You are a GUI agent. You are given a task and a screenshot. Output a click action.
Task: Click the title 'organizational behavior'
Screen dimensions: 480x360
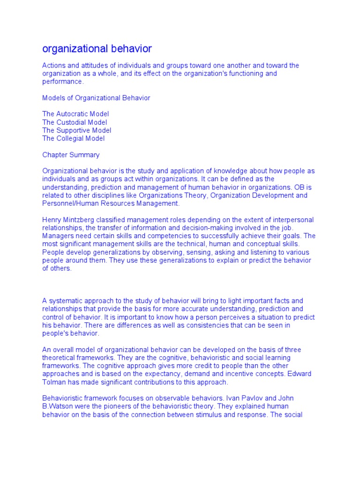click(97, 49)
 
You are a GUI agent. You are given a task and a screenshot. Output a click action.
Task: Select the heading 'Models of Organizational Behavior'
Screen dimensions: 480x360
click(96, 98)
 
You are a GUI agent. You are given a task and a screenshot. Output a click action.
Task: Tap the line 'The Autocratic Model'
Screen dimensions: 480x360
click(75, 114)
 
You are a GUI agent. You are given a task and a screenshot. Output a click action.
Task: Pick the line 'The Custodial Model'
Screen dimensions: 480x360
click(75, 122)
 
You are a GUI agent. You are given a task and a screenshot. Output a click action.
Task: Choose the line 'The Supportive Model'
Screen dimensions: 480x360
click(77, 130)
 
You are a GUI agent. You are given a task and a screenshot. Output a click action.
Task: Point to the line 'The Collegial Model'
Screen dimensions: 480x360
click(74, 138)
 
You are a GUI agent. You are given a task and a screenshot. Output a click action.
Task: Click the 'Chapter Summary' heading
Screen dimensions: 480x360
click(71, 155)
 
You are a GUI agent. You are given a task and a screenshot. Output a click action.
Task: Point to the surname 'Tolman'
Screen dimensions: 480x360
click(54, 382)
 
